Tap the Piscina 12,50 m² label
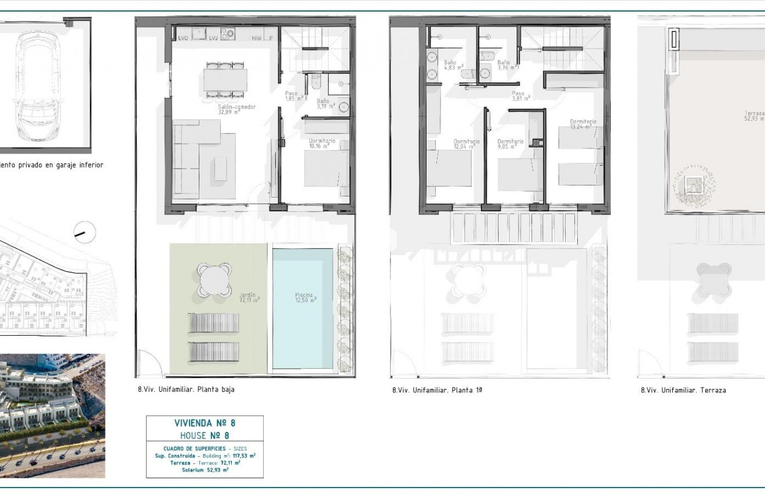(304, 297)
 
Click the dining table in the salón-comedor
(225, 79)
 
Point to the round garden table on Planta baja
(214, 281)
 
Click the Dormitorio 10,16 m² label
(322, 143)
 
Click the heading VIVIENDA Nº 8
(205, 423)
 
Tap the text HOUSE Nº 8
(205, 435)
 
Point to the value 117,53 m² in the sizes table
(244, 456)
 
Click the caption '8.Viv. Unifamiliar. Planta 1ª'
(437, 390)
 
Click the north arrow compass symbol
(85, 232)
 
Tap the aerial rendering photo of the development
(52, 415)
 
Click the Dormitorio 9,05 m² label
(510, 144)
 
